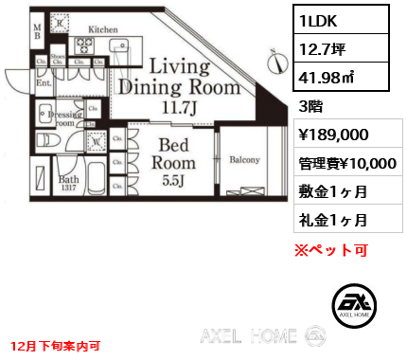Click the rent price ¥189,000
tap(327, 135)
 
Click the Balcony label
tap(244, 160)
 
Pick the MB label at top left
tap(38, 34)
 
